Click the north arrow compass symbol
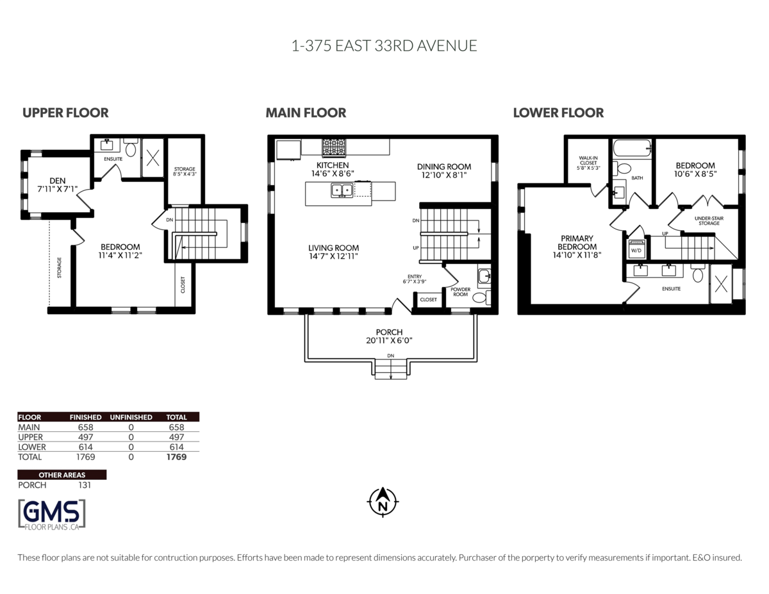pos(383,502)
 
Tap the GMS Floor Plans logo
pos(51,514)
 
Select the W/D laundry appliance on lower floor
pos(636,249)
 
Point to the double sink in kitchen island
pos(341,190)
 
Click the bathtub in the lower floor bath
pos(632,149)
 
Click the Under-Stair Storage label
pos(709,220)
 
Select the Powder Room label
pos(461,292)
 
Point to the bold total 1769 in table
pos(176,457)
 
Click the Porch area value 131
pos(84,485)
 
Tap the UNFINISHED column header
pos(131,417)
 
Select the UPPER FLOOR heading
pos(65,113)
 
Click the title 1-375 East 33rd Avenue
pos(384,46)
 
